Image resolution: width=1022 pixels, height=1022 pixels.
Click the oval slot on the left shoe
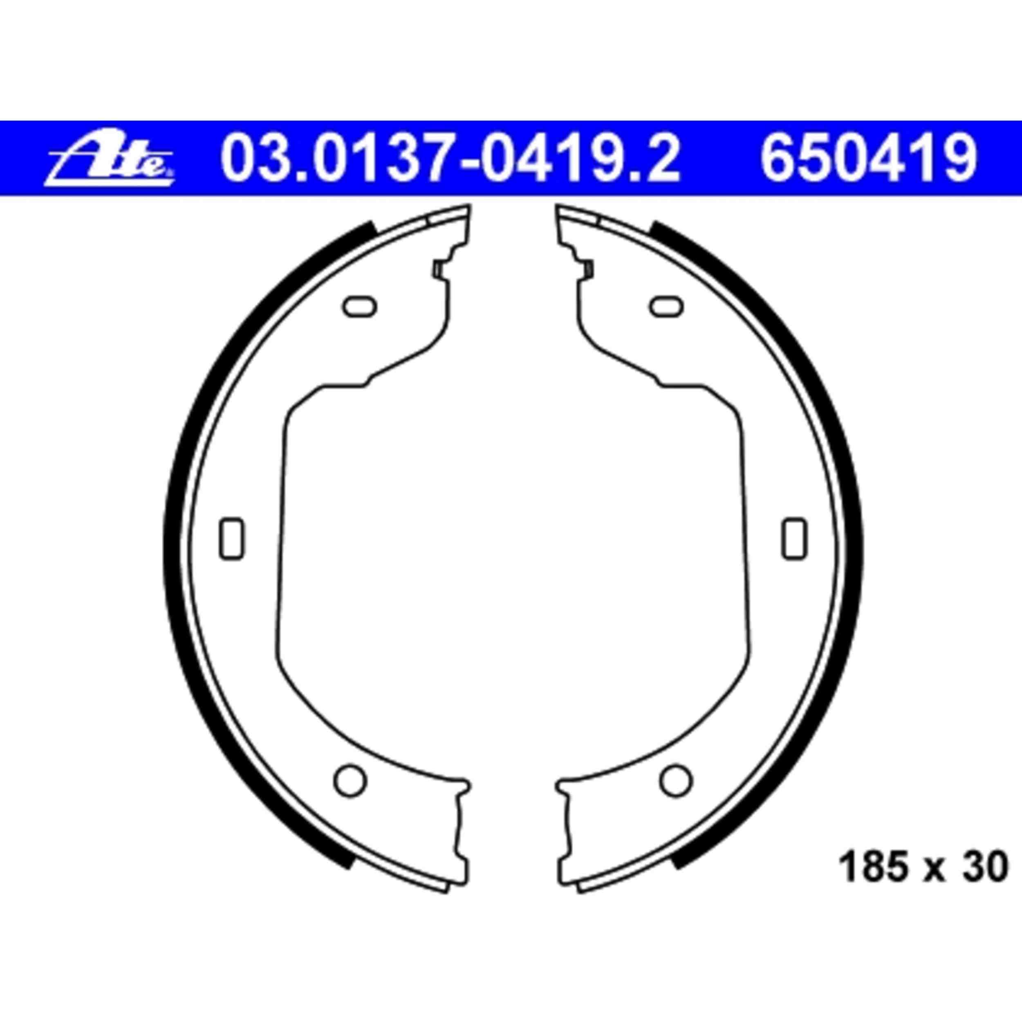click(x=360, y=306)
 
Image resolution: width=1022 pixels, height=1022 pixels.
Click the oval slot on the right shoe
click(x=666, y=306)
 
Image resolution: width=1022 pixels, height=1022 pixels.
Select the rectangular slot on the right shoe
click(x=795, y=538)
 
